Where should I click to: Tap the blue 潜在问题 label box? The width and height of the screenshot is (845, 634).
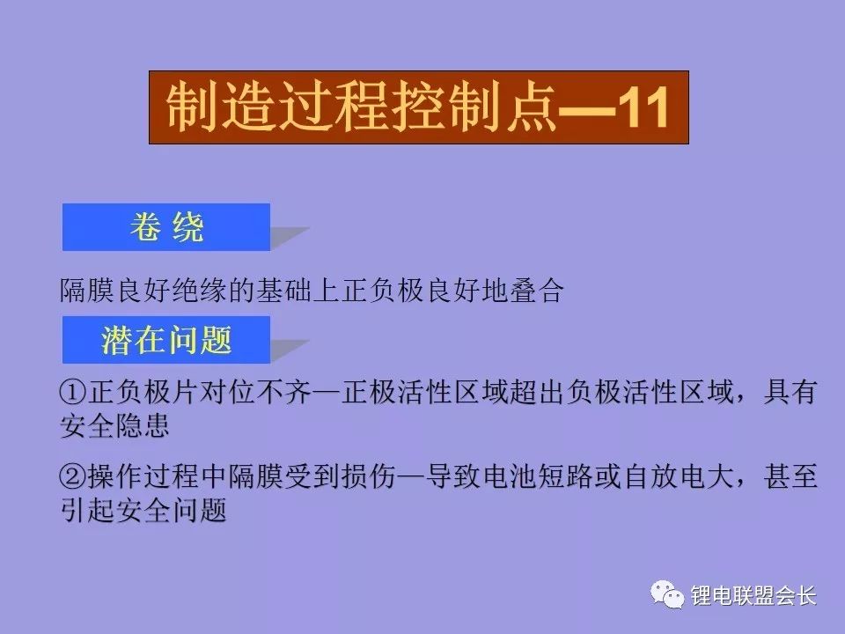point(165,339)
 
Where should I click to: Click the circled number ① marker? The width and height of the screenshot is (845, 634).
point(73,394)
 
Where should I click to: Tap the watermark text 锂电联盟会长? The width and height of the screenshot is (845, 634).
point(754,596)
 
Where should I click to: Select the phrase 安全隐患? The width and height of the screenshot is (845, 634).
point(114,427)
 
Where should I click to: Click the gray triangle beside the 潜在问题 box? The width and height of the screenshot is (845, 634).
point(288,349)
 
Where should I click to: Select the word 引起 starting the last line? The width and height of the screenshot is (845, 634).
point(87,510)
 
